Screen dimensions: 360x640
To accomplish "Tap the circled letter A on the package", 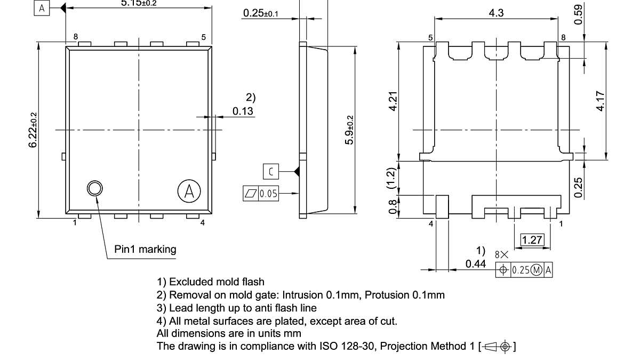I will pyautogui.click(x=188, y=191).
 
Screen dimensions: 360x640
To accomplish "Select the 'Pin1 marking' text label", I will pyautogui.click(x=145, y=249).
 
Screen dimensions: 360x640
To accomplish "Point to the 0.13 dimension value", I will pyautogui.click(x=243, y=111).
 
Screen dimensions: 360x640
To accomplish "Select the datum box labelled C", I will pyautogui.click(x=271, y=171).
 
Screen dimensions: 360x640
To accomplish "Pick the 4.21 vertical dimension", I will pyautogui.click(x=394, y=101).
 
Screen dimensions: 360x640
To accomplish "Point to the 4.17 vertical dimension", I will pyautogui.click(x=601, y=101).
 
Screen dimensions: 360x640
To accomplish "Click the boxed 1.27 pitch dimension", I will pyautogui.click(x=532, y=239).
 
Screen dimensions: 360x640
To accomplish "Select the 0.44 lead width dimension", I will pyautogui.click(x=475, y=263).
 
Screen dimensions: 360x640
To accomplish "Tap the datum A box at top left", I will pyautogui.click(x=42, y=7).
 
